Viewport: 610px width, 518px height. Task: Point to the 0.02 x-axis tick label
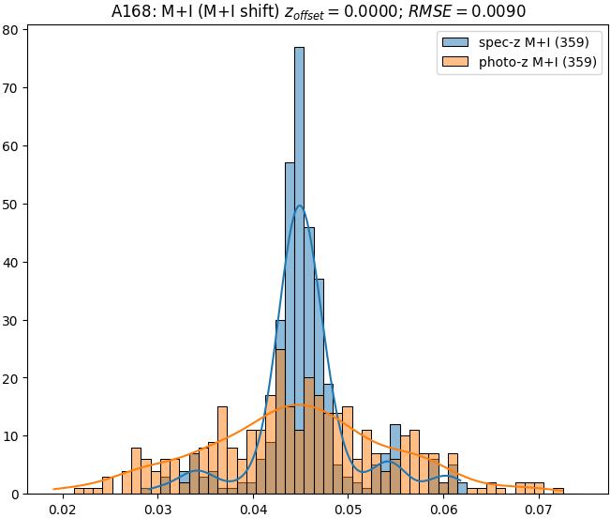coord(63,509)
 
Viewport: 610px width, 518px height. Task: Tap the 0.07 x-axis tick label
coord(539,509)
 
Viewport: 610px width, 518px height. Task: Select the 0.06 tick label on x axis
coord(443,509)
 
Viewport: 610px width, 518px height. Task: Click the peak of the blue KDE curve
coord(299,206)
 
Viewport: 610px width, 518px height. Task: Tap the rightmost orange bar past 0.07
coord(558,491)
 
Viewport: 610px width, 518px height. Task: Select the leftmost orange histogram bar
coord(79,491)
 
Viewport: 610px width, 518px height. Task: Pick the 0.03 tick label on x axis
coord(158,509)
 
